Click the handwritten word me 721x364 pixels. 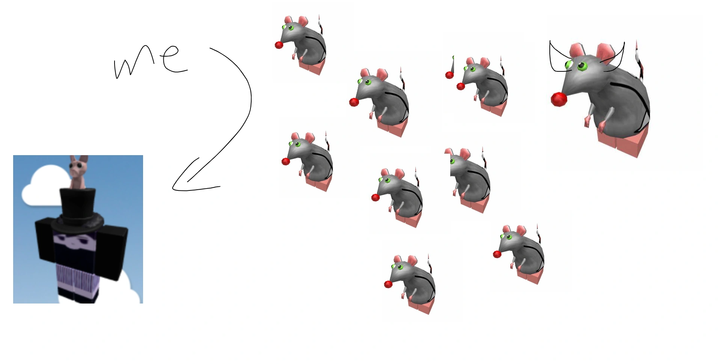[x=150, y=60]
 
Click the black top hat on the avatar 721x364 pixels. [x=77, y=210]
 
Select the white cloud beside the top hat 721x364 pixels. [x=41, y=186]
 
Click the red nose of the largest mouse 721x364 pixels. [x=559, y=99]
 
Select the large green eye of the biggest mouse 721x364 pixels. [x=582, y=66]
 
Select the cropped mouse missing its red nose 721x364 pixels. [x=469, y=180]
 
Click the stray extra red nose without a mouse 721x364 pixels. [x=449, y=75]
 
